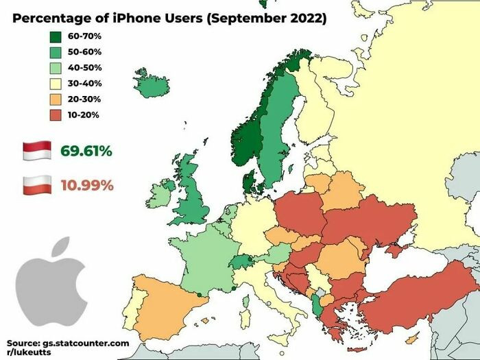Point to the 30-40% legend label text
click(x=84, y=84)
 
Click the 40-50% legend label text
click(x=84, y=68)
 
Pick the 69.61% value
click(x=86, y=151)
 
